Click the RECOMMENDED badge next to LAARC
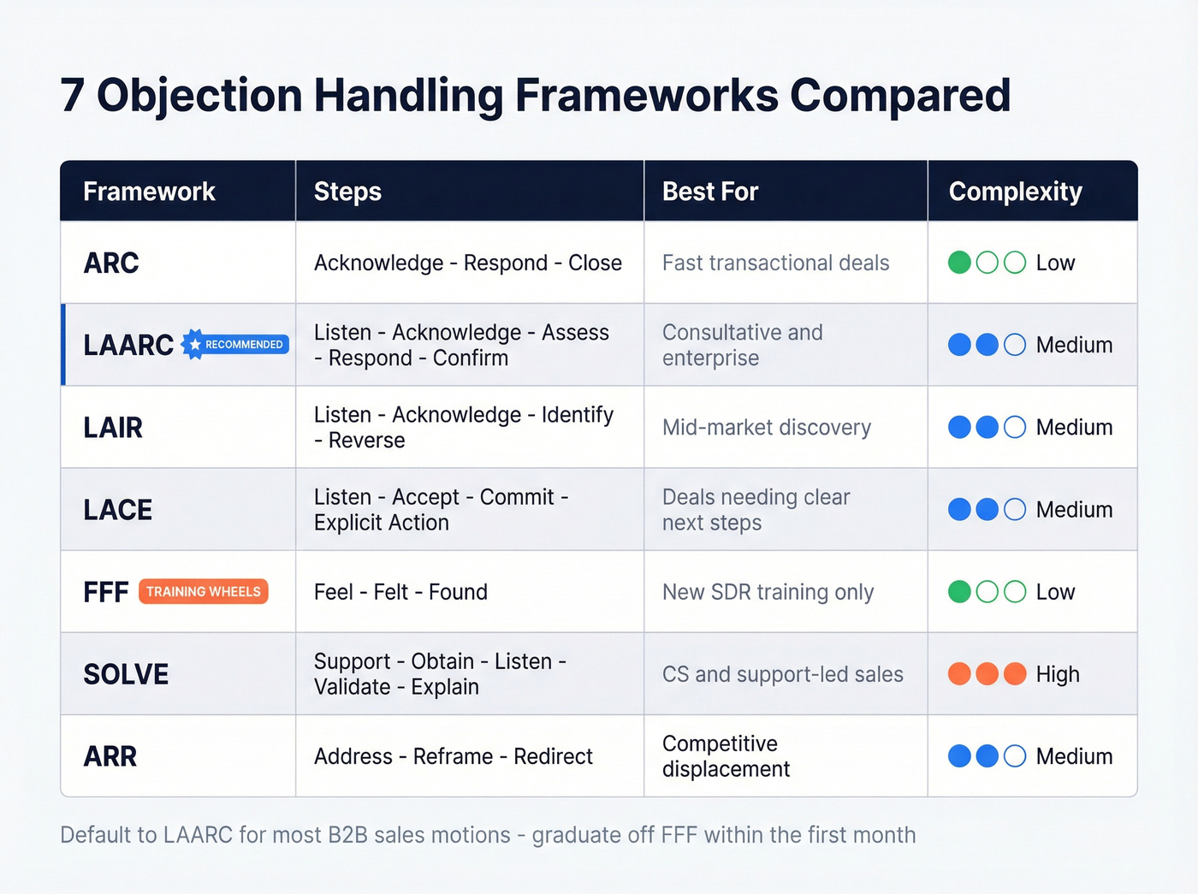click(236, 345)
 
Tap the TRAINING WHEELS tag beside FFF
click(203, 592)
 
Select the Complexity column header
click(1015, 192)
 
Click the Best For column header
click(710, 192)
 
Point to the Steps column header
click(347, 192)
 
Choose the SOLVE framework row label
click(126, 674)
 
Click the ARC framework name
click(111, 263)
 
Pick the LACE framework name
click(117, 510)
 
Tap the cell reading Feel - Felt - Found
click(400, 592)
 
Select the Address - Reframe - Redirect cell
click(453, 756)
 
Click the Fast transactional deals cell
click(775, 263)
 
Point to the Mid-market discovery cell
click(766, 427)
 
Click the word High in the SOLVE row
click(1058, 674)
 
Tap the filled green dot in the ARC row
click(959, 263)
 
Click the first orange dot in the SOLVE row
click(959, 674)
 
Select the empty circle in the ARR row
click(1015, 756)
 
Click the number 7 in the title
click(73, 95)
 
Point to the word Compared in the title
click(900, 95)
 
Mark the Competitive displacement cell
click(726, 756)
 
